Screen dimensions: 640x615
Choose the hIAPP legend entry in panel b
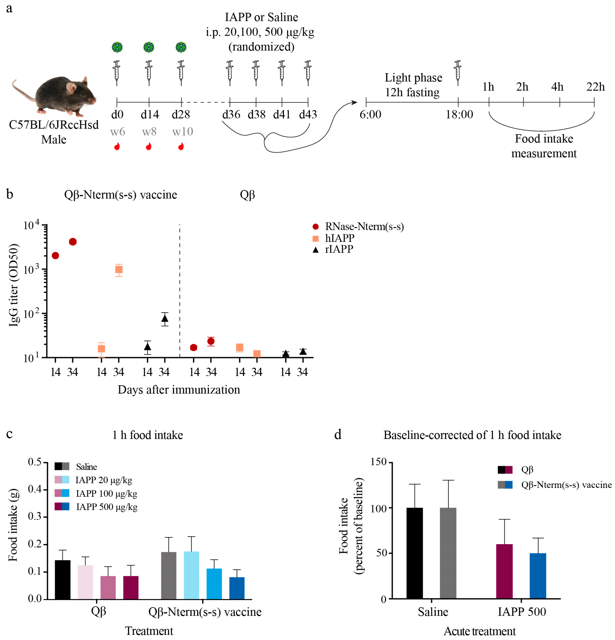(340, 238)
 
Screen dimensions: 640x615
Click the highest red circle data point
(73, 242)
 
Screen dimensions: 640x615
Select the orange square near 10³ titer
(119, 269)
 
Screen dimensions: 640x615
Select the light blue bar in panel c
(191, 575)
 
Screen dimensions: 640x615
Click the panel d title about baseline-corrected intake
(472, 435)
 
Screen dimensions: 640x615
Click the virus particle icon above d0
(117, 47)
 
